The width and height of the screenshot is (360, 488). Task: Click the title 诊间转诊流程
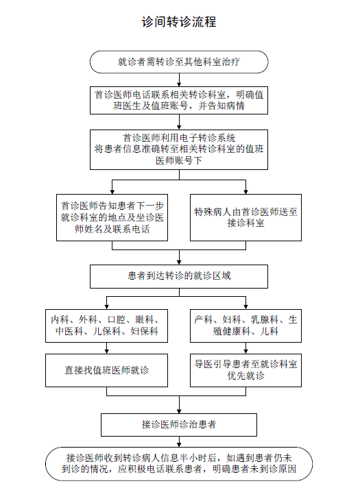(x=179, y=22)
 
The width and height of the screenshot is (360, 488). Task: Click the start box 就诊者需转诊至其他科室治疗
(x=179, y=62)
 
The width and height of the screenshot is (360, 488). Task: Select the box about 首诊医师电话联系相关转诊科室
(x=179, y=100)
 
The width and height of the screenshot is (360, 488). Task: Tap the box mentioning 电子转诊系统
(x=179, y=149)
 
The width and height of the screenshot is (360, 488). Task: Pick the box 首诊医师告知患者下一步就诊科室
(x=112, y=217)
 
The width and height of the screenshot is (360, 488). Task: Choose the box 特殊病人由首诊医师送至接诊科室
(x=245, y=217)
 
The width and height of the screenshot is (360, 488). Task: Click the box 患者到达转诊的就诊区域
(x=179, y=276)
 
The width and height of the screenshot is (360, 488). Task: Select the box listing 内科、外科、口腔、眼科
(x=106, y=326)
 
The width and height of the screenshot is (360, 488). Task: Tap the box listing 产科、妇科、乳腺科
(x=245, y=326)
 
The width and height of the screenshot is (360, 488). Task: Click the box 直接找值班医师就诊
(x=106, y=370)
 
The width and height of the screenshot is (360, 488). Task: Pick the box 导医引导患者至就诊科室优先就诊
(x=245, y=370)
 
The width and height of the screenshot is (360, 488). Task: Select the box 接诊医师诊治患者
(x=179, y=425)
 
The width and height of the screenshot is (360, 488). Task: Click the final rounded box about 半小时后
(x=179, y=464)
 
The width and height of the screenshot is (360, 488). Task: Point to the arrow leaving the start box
(x=179, y=80)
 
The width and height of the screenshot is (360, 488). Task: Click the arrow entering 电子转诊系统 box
(x=179, y=122)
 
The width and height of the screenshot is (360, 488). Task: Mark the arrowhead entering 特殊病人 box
(x=245, y=192)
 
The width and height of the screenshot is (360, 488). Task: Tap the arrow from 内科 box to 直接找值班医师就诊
(x=106, y=348)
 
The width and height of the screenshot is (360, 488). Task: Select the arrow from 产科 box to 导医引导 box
(x=245, y=348)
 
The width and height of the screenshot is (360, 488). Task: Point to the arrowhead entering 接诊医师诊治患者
(x=179, y=411)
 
